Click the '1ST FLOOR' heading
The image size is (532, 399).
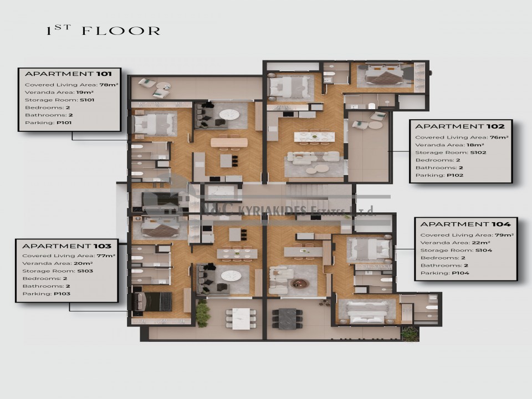[103, 30]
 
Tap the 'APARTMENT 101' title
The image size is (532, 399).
[68, 74]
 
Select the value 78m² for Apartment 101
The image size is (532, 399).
[109, 85]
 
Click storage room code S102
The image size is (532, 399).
[478, 153]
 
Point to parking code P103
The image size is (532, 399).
[62, 294]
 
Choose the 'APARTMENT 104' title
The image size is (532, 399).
[465, 224]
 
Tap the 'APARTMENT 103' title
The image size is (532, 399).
[66, 246]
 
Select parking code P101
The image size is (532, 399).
[64, 123]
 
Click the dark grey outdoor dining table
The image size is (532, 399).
[287, 319]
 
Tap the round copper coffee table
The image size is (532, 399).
[299, 283]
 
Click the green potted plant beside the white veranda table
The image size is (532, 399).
[203, 314]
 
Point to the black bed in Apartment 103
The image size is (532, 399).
[152, 301]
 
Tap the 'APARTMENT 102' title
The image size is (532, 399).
[460, 126]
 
